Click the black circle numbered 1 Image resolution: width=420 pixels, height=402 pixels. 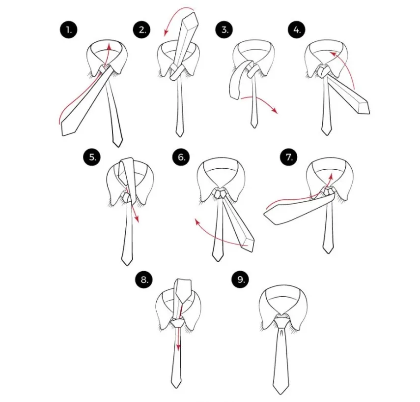click(69, 30)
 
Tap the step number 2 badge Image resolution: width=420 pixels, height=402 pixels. click(141, 30)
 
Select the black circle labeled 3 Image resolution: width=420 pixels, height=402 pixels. click(224, 30)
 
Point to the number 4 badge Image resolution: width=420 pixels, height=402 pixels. click(297, 30)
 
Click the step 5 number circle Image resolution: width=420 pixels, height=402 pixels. click(92, 157)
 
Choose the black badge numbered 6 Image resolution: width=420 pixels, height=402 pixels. click(181, 157)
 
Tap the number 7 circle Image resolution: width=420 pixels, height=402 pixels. click(289, 157)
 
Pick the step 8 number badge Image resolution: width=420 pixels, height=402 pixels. click(144, 280)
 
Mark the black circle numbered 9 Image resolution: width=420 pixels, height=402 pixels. click(240, 280)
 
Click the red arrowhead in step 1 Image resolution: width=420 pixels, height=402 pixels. click(109, 47)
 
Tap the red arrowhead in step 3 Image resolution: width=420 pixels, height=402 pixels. click(274, 110)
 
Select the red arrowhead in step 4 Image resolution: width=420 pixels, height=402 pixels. click(333, 54)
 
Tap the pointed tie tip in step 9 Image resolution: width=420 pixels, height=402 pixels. click(281, 391)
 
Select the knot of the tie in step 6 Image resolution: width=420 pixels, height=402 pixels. click(220, 193)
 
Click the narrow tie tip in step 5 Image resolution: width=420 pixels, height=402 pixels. click(127, 262)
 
